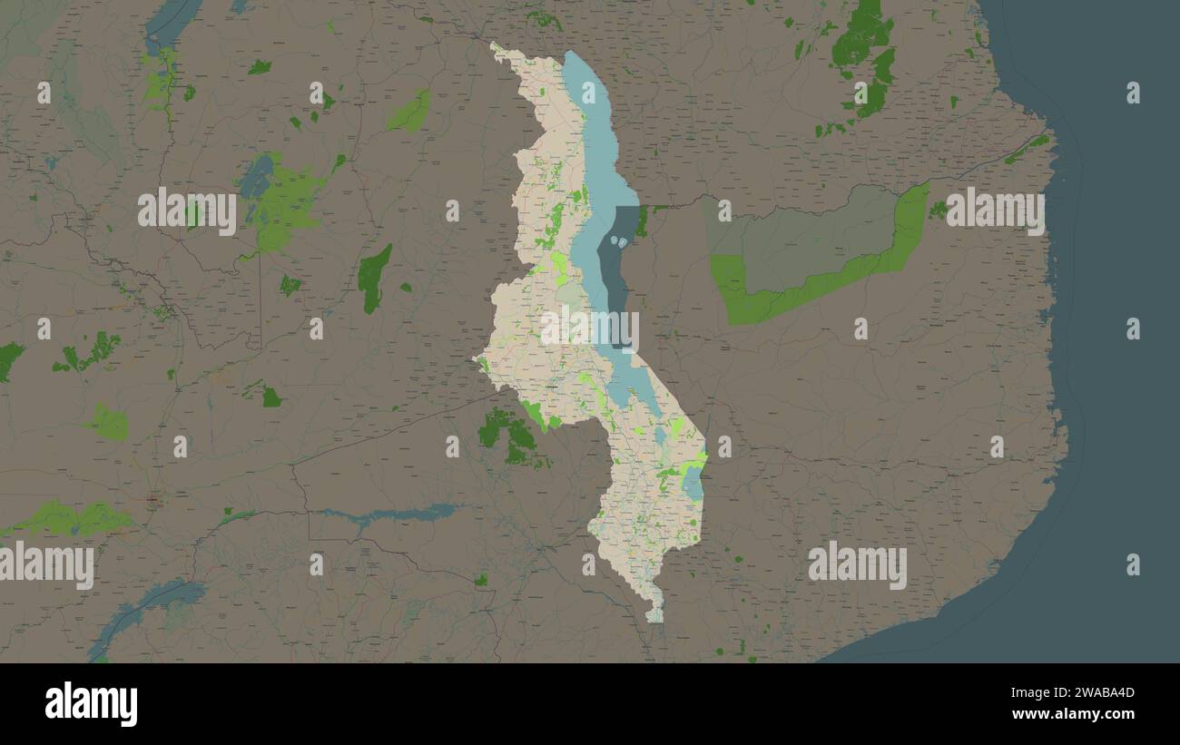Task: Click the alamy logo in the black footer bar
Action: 91,704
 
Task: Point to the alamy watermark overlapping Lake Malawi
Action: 590,328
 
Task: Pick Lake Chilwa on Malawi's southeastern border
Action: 693,486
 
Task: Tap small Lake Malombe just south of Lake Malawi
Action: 660,436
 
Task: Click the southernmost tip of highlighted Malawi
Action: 655,621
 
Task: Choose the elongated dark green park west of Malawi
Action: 373,278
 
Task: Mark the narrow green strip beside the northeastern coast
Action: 1026,150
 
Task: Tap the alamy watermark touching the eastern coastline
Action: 995,211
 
